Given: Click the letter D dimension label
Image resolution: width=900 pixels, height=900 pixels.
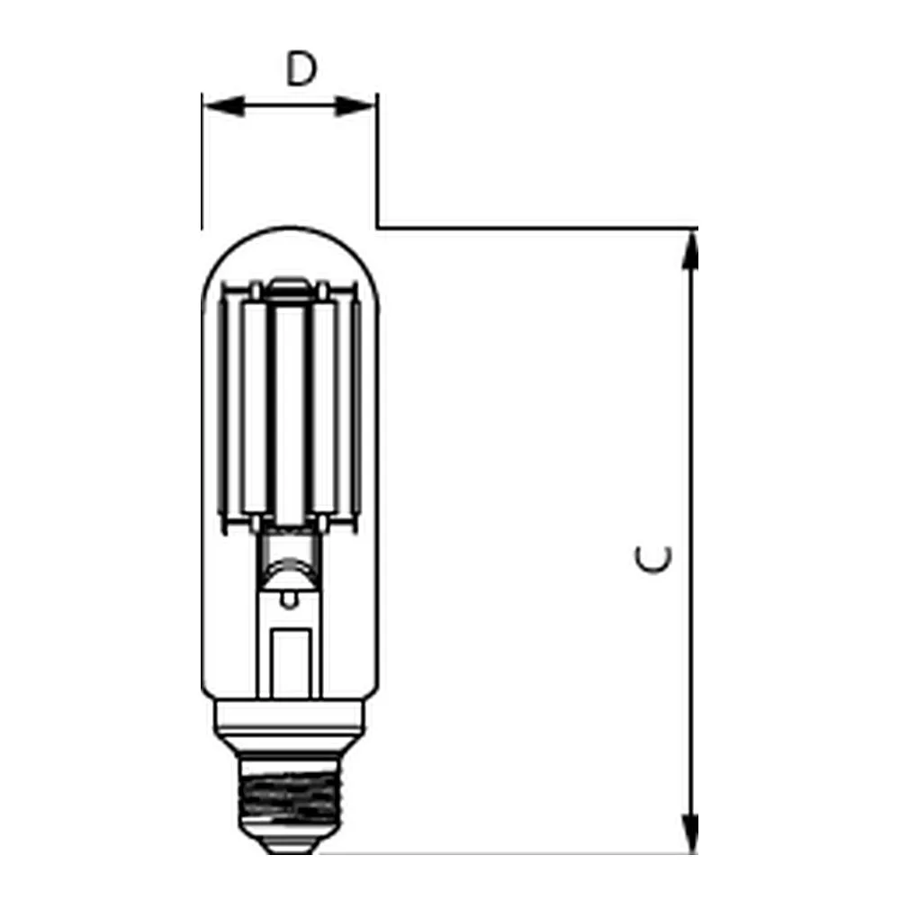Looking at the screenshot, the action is [x=301, y=69].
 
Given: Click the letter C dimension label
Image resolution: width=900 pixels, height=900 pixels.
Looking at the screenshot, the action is [x=653, y=559].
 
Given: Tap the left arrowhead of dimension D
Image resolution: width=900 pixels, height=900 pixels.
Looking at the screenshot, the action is [x=224, y=106].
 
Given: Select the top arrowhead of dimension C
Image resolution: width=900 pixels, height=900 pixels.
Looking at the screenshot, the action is [x=690, y=249].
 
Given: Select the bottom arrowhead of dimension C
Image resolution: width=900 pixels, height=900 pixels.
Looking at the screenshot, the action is [x=690, y=833].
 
